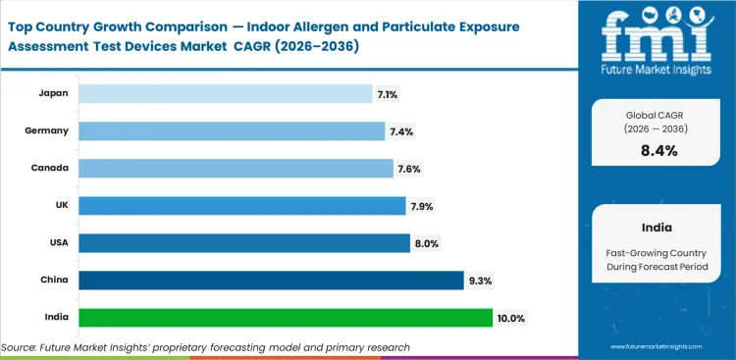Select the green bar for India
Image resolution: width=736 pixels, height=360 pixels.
click(x=285, y=317)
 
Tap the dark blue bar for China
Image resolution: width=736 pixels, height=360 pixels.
click(x=271, y=281)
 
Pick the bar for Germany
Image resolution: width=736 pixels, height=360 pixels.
click(x=232, y=130)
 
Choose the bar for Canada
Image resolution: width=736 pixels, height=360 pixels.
click(x=236, y=168)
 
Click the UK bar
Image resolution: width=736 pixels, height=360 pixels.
click(x=241, y=205)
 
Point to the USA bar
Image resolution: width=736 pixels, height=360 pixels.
click(x=243, y=242)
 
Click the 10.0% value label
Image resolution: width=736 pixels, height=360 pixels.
click(x=511, y=318)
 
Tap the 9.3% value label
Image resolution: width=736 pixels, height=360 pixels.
click(x=482, y=281)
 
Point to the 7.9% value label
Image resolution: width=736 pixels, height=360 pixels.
click(x=421, y=206)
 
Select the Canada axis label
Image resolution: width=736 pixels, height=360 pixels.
click(x=48, y=169)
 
